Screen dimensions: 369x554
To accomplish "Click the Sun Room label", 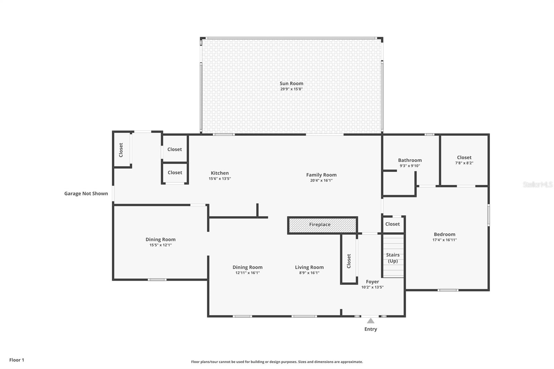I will point(291,83).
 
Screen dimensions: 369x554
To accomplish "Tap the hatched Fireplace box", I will point(322,225).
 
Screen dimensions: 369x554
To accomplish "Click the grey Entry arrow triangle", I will point(370,321).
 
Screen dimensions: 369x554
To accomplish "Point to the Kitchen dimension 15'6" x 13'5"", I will point(220,179).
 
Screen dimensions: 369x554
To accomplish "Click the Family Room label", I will point(321,175).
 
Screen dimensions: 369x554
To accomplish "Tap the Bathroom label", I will point(410,160).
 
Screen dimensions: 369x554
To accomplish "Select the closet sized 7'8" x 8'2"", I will point(464,160).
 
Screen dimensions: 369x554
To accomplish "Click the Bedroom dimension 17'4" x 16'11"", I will point(444,240).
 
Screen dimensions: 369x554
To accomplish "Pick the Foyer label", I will point(372,282).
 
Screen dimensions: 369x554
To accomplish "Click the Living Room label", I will point(309,267).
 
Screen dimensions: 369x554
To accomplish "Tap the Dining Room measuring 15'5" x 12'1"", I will point(160,242).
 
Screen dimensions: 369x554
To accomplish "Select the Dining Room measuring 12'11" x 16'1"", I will point(247,270).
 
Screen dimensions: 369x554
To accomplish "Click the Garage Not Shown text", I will point(86,193).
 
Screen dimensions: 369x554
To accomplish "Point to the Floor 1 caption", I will point(17,360).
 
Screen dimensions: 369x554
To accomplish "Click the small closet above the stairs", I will point(393,224).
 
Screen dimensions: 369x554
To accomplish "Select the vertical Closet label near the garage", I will point(121,150).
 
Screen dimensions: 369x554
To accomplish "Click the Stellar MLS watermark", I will point(537,184).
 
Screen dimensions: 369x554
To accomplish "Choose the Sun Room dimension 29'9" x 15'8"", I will point(291,89).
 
